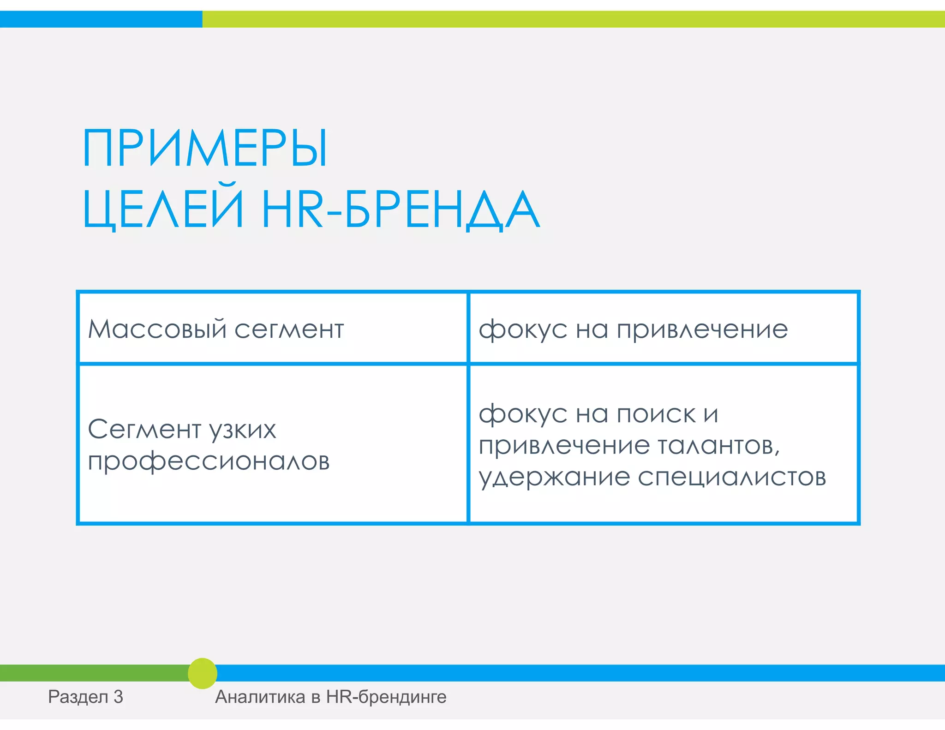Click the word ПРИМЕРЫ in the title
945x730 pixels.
click(205, 149)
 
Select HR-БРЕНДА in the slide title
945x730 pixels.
click(401, 210)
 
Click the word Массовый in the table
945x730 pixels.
click(157, 329)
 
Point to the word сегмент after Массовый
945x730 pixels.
click(289, 330)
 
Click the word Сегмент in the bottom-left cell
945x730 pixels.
click(144, 430)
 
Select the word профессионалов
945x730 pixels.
click(209, 461)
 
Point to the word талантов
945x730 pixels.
click(718, 446)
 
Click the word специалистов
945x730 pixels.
click(732, 478)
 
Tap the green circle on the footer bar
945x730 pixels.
click(203, 673)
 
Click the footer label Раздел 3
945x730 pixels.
click(85, 697)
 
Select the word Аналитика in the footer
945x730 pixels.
click(260, 697)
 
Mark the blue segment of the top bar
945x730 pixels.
click(101, 19)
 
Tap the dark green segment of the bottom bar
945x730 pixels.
click(92, 673)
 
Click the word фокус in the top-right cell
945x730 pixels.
click(522, 330)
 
